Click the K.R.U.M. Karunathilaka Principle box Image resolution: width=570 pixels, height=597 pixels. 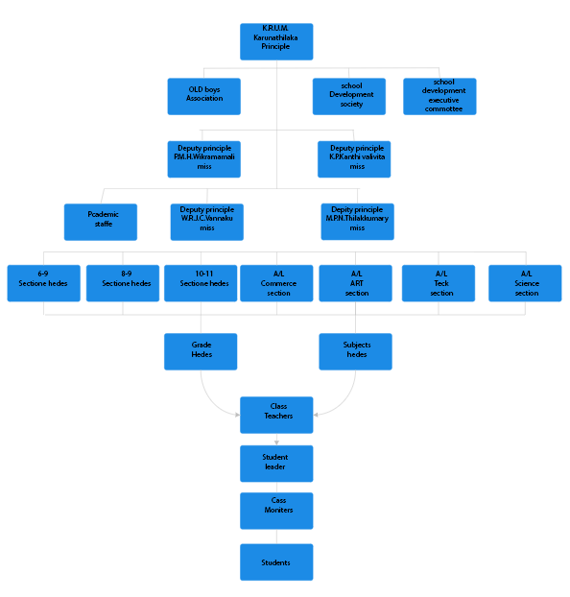click(x=276, y=41)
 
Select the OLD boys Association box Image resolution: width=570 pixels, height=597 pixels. click(x=204, y=96)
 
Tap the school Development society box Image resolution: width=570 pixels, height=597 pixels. click(x=349, y=96)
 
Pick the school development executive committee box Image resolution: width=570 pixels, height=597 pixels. click(x=439, y=96)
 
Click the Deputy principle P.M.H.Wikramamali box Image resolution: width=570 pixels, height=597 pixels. click(x=204, y=159)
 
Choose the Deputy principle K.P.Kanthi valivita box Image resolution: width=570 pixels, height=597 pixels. click(x=354, y=159)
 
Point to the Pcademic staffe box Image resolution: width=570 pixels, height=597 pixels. click(x=101, y=222)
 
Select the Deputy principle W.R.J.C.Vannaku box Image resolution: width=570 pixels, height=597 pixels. click(x=206, y=222)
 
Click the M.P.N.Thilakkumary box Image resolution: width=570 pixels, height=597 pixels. click(x=358, y=222)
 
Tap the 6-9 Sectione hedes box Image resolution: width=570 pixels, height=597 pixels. click(x=44, y=283)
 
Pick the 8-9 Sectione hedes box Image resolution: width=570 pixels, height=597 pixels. click(x=123, y=283)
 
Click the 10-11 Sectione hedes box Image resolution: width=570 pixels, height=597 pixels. click(x=201, y=283)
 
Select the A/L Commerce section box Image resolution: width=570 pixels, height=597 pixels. click(x=276, y=283)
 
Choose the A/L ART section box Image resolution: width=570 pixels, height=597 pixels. click(x=356, y=283)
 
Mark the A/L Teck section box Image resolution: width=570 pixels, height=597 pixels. click(x=439, y=283)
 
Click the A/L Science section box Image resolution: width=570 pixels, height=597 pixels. click(x=525, y=283)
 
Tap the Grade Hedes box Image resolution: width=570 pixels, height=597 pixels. click(x=201, y=352)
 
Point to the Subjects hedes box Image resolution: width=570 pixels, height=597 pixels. click(x=356, y=352)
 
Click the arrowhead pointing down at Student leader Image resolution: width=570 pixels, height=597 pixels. click(x=276, y=442)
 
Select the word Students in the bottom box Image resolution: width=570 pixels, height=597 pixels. click(x=275, y=562)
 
